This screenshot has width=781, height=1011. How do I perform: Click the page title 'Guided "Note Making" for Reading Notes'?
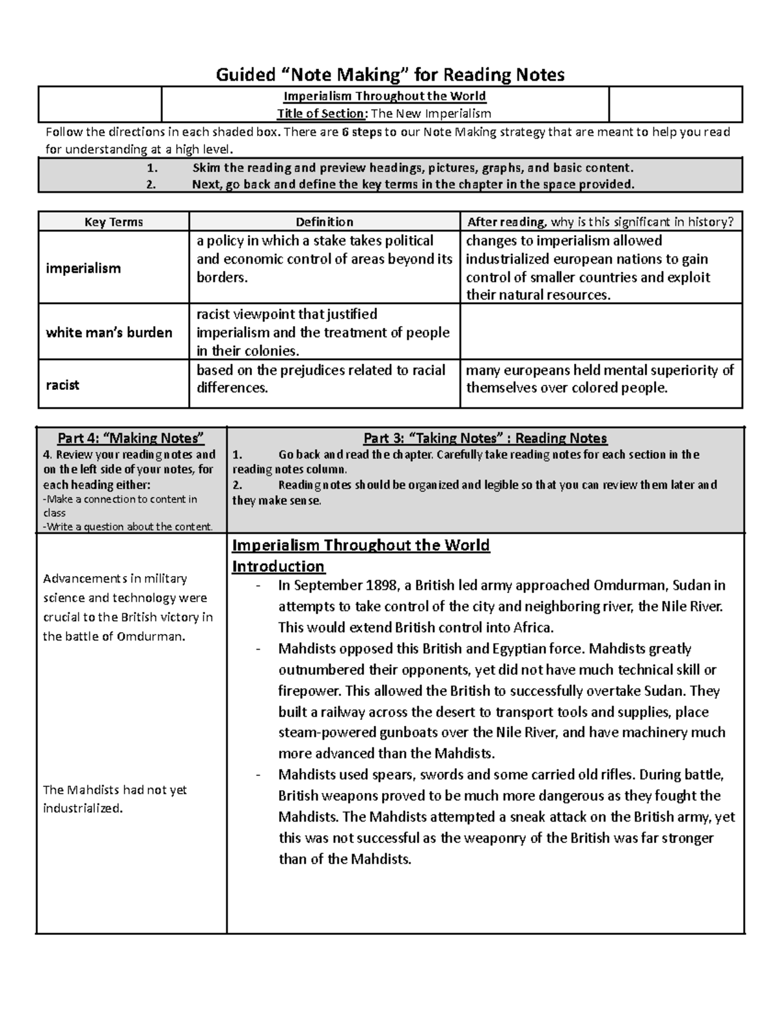tap(390, 75)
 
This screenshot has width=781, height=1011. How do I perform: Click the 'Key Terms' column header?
tap(114, 222)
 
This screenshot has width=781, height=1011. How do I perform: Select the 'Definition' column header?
tap(324, 222)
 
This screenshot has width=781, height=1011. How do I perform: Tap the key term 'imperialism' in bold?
tap(83, 268)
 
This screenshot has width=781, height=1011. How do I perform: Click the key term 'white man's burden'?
tap(109, 333)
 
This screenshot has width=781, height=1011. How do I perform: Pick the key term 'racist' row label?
tap(62, 385)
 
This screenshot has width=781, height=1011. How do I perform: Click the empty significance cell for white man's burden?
tap(600, 332)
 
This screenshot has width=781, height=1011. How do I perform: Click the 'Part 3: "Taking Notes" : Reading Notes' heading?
tap(485, 438)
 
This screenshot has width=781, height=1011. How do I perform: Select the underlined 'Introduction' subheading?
tap(279, 566)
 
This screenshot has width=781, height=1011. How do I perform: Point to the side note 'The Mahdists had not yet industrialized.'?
tap(115, 799)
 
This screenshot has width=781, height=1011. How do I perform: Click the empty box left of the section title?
tap(100, 104)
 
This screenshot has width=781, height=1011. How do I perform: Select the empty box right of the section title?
tap(675, 104)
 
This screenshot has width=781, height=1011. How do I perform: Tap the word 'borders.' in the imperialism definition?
tap(223, 277)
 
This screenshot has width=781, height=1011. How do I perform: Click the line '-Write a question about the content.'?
tap(128, 527)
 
